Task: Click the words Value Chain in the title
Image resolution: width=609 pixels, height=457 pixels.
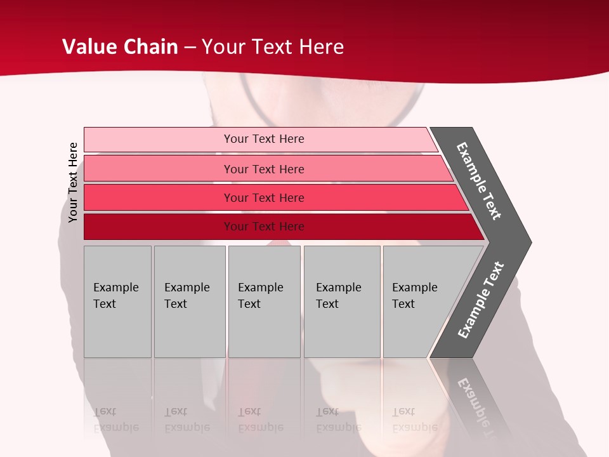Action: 120,47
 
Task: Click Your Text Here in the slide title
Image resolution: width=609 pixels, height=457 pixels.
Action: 273,47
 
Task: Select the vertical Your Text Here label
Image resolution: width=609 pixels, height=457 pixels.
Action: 73,182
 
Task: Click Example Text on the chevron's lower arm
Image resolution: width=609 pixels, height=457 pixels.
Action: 481,300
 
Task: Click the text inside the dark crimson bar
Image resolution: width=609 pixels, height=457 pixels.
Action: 264,227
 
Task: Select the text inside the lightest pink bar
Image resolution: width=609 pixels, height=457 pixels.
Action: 264,139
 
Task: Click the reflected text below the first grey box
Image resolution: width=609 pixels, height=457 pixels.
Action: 115,420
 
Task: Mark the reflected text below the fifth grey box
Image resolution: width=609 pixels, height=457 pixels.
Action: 414,420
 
